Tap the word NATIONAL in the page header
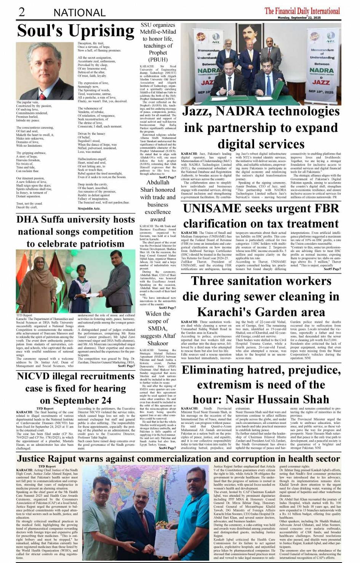tap(79, 13)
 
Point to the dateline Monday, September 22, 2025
tap(299, 18)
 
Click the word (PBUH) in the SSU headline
tap(158, 59)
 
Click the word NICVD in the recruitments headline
tap(37, 376)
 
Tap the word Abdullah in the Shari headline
tap(158, 182)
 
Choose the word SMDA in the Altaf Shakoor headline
tap(157, 328)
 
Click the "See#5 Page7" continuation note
tap(332, 269)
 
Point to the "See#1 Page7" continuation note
tap(126, 366)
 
